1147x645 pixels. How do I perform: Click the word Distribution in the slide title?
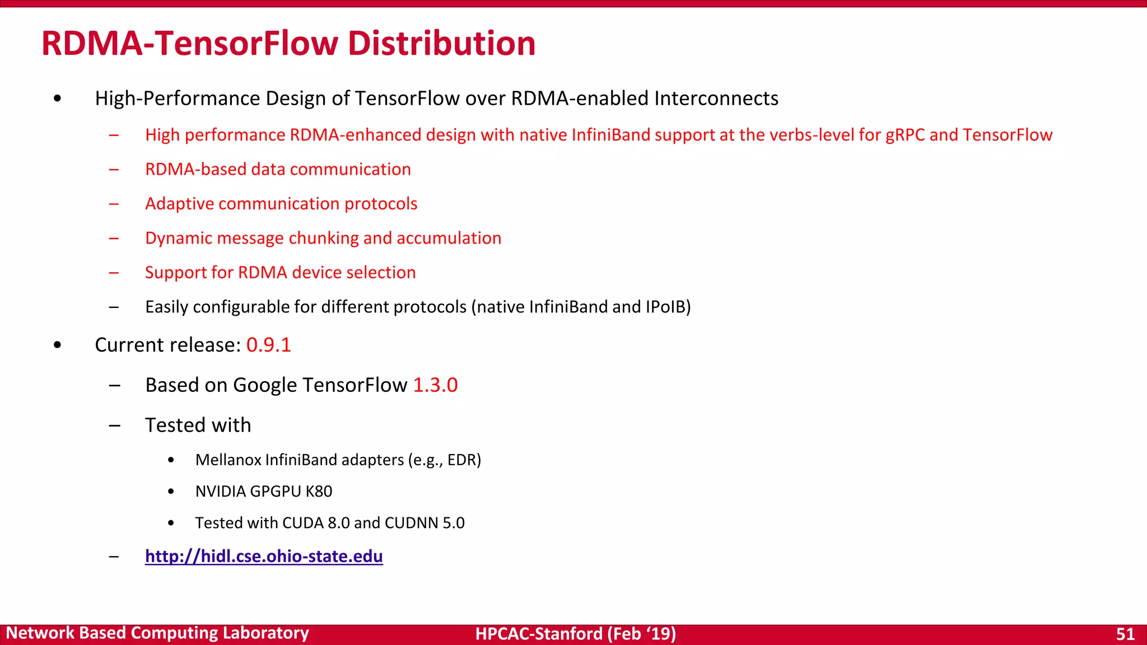(x=441, y=44)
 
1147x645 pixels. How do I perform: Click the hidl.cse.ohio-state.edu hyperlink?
(x=264, y=556)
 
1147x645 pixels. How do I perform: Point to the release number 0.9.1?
(x=269, y=345)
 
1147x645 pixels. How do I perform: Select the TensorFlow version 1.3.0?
(x=435, y=385)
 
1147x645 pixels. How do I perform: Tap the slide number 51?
(x=1125, y=634)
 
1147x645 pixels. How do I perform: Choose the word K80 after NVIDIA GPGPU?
(x=319, y=491)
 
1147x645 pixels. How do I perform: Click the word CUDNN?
(x=412, y=523)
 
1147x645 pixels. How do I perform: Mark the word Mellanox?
(x=229, y=460)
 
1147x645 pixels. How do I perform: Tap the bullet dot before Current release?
(x=58, y=345)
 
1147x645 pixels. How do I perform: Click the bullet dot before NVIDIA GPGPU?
(x=171, y=492)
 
